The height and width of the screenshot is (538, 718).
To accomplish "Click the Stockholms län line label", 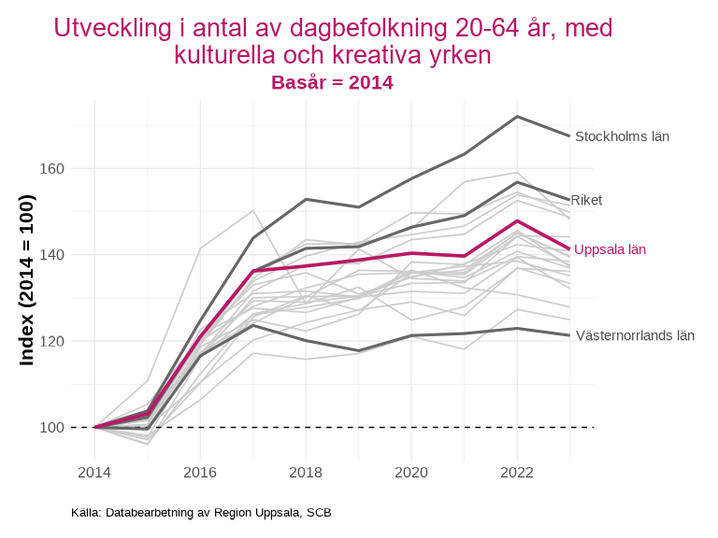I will point(622,136).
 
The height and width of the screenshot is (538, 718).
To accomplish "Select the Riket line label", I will point(586,200).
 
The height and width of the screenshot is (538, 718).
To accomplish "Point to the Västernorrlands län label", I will point(635,335).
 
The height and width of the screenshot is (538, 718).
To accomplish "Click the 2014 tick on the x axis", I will point(94,474).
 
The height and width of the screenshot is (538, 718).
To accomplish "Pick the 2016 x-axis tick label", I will point(200,474).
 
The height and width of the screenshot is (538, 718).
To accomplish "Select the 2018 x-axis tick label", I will point(306,474).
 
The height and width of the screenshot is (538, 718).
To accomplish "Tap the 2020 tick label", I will point(411,474).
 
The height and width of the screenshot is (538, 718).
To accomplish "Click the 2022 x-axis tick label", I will point(517,474).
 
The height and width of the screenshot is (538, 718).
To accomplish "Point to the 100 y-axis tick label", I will point(51,428).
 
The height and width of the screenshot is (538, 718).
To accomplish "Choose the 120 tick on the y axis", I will point(51,341).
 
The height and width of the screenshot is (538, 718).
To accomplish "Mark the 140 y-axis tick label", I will point(51,255).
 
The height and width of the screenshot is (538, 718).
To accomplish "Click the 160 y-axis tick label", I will point(51,169).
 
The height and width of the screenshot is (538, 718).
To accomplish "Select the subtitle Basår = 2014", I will point(332,82).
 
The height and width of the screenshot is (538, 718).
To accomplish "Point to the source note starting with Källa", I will point(201,513).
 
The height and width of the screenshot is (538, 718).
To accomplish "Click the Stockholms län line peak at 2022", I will point(517,117).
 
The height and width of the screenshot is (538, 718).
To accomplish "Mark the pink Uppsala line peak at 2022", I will point(517,221).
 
